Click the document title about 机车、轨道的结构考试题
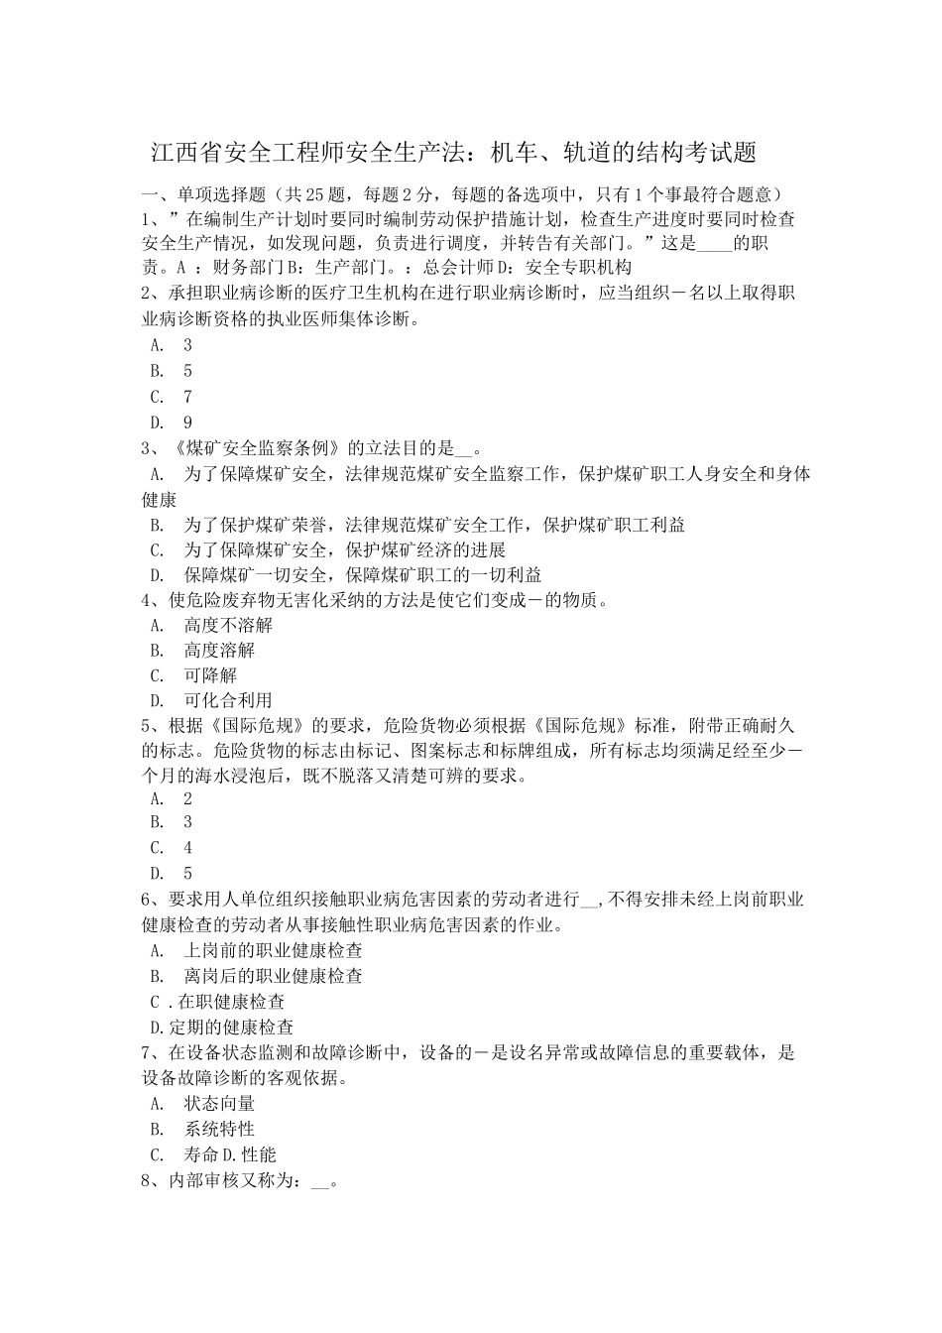coord(453,153)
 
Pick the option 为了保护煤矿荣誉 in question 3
coord(262,524)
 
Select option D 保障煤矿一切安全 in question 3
coord(262,574)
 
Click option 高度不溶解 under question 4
coord(228,625)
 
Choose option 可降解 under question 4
coord(210,675)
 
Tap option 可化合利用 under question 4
coord(228,700)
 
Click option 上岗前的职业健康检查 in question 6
coord(273,949)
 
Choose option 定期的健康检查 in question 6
coord(229,1027)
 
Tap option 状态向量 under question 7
coord(219,1103)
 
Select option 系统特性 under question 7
coord(219,1129)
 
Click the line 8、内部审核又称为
coord(238,1180)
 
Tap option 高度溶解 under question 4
coord(219,650)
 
